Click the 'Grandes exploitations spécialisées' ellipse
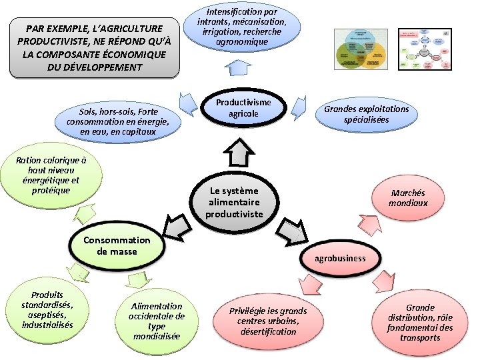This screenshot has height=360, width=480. (366, 114)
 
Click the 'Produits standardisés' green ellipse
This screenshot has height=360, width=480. (47, 311)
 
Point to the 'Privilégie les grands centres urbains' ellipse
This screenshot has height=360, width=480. (268, 321)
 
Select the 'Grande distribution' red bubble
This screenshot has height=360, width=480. (420, 323)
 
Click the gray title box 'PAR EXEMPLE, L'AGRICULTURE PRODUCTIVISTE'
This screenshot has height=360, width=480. (94, 48)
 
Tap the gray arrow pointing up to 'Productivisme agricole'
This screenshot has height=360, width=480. (237, 154)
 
